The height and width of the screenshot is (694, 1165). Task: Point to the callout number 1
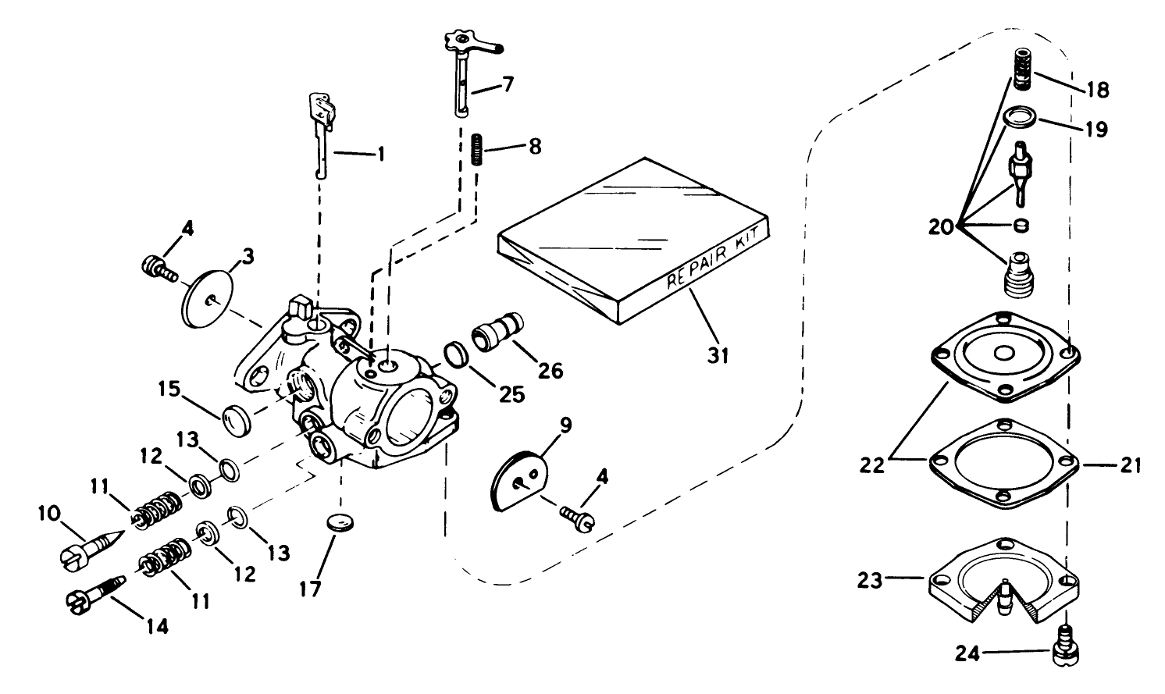coord(381,155)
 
